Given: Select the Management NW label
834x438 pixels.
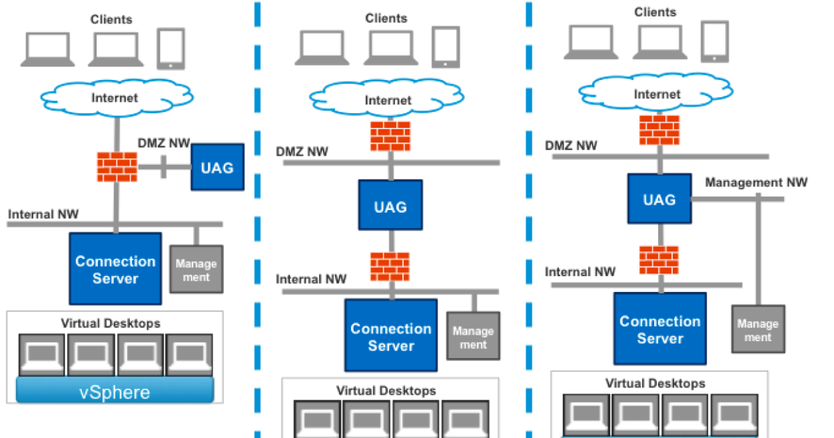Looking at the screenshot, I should tap(756, 183).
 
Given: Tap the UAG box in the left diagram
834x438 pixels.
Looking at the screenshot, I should tap(217, 168).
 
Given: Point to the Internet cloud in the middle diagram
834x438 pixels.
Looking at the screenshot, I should tap(388, 99).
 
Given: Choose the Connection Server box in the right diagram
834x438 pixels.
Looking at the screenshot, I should tap(660, 330).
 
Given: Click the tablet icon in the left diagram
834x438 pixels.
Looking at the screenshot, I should tap(171, 49).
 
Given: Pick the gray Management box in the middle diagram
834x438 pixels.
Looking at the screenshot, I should tap(473, 336).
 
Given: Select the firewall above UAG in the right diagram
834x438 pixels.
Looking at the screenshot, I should tap(659, 130).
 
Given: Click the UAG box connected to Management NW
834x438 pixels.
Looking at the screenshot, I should tap(659, 200).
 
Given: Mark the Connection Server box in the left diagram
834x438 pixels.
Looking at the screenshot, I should tap(115, 269).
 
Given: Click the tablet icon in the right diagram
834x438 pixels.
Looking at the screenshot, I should tap(714, 42).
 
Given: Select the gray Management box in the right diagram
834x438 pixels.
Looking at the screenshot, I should tap(758, 330).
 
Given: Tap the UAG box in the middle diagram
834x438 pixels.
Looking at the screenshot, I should tap(390, 206).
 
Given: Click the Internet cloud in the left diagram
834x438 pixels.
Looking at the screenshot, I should tap(115, 97).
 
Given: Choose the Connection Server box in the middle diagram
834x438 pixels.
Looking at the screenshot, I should tap(391, 336).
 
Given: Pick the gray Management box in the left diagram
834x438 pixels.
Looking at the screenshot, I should tap(196, 270).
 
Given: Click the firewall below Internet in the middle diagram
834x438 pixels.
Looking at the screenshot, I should tap(390, 136).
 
